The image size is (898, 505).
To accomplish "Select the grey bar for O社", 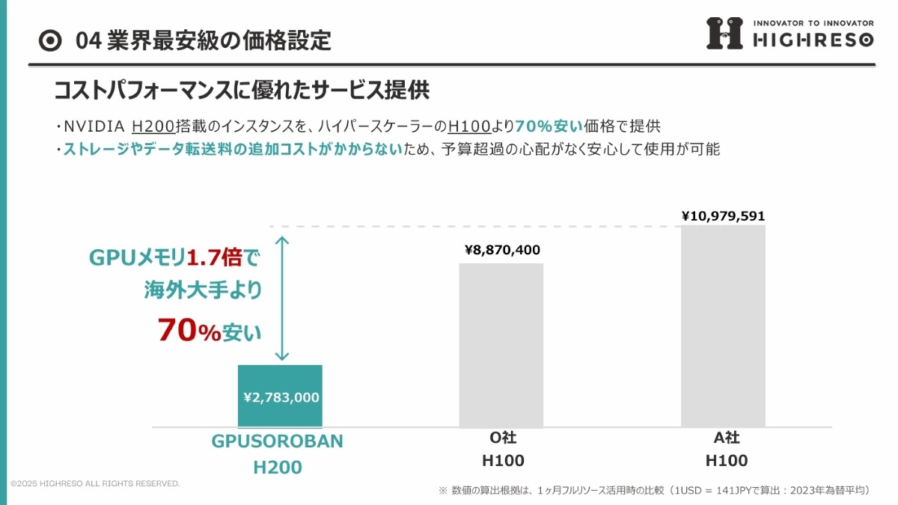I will coord(501,345).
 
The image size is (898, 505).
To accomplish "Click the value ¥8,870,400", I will coord(502,250).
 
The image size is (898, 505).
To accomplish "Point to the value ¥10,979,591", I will coord(723,216).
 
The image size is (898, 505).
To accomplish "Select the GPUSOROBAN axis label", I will coord(277,441).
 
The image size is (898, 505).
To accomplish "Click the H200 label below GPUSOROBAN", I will coord(278,468).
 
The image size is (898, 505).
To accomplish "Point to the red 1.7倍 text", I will coord(214,259).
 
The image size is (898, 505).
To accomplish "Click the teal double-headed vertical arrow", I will coord(282,299).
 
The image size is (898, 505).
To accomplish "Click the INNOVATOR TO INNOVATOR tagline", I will coord(813,22).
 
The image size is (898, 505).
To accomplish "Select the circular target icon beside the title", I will coord(50,40).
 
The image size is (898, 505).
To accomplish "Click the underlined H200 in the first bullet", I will coord(153,126).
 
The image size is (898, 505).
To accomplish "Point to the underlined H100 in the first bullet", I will coord(469,126).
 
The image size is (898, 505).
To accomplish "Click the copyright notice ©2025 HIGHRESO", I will coord(95,484).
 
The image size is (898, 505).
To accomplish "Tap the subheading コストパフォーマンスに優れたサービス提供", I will coord(241,91).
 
